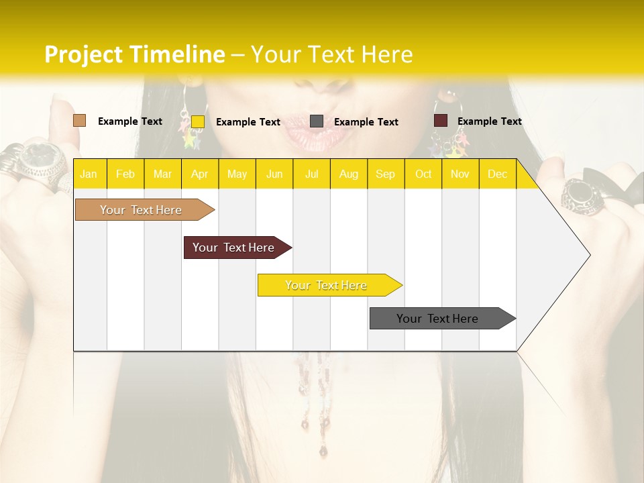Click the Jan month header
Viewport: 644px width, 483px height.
click(89, 174)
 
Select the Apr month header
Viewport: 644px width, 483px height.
click(199, 174)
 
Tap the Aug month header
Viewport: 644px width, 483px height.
click(348, 174)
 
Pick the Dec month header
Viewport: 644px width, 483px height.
click(497, 174)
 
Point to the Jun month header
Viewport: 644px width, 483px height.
click(274, 174)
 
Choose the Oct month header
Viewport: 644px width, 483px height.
click(423, 174)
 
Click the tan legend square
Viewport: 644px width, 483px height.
click(79, 121)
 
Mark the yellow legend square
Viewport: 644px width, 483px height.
click(198, 121)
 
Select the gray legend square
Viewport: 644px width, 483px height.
click(317, 121)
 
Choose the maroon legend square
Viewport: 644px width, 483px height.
click(441, 121)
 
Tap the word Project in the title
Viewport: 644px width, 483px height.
click(84, 54)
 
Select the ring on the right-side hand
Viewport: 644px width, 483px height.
click(581, 197)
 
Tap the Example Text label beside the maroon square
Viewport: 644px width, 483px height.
click(490, 121)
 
